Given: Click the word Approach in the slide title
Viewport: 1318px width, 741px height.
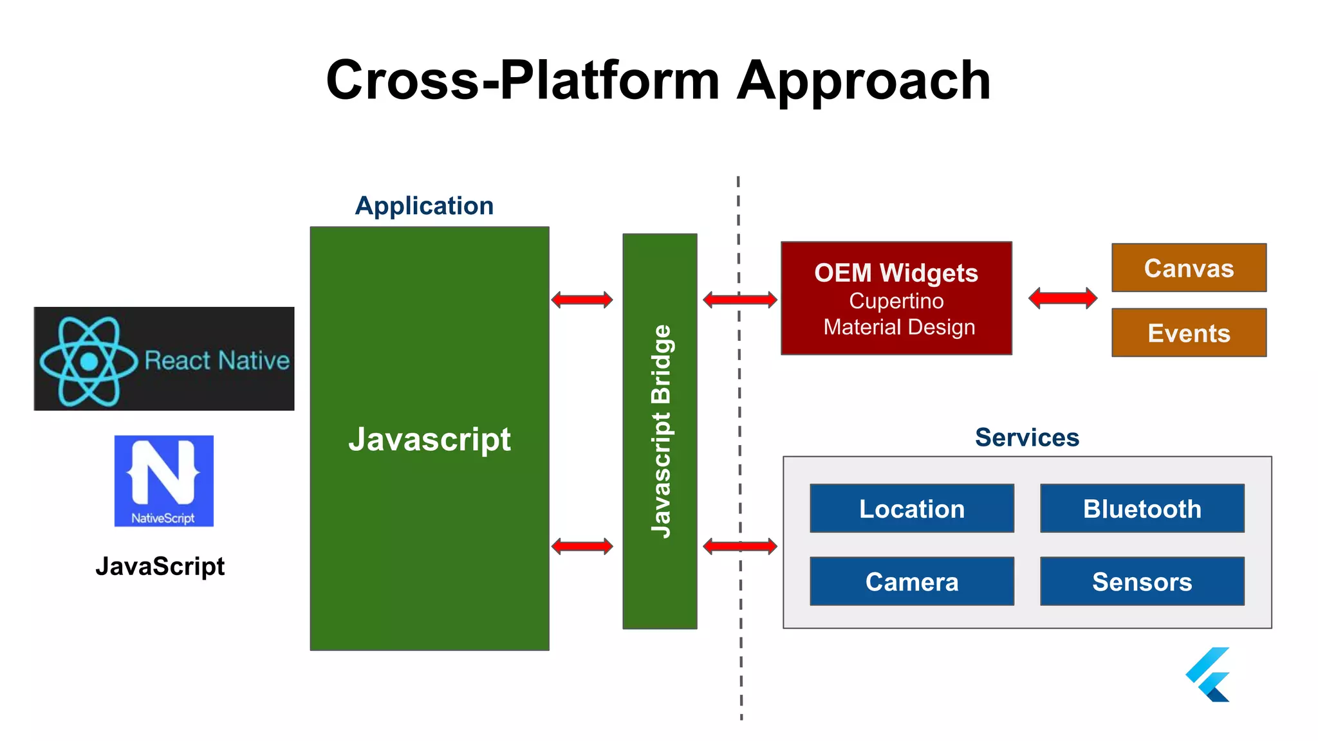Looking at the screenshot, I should tap(863, 80).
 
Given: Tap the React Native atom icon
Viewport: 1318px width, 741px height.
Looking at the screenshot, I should tap(89, 361).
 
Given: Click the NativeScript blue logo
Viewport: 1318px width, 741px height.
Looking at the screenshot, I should tap(163, 480).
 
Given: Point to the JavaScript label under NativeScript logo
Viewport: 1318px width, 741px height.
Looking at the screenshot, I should tap(160, 567).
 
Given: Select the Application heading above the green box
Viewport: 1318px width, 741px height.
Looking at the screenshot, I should tap(424, 206).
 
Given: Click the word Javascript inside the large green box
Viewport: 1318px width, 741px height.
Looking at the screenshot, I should tap(429, 440).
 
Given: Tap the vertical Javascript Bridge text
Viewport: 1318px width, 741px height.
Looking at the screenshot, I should tap(660, 431).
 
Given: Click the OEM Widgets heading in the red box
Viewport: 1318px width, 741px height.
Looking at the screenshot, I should tap(896, 273).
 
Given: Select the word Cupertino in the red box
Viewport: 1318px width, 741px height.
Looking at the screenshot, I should tap(896, 301).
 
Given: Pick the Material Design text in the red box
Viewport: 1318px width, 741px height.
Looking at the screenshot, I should tap(899, 327).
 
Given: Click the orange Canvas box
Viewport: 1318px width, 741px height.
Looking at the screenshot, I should tap(1189, 268).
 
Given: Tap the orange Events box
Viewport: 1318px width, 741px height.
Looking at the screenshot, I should tap(1189, 333).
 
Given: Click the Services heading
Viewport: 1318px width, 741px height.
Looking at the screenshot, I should tap(1026, 437).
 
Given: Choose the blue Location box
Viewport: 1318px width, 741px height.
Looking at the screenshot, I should tap(911, 508).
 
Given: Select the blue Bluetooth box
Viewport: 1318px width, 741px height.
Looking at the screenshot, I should tap(1142, 508).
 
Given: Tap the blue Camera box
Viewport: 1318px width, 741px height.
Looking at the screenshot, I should tap(911, 581).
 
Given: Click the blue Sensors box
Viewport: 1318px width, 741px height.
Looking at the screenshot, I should tap(1142, 581).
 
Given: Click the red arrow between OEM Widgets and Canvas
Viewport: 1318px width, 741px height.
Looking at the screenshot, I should tap(1063, 298).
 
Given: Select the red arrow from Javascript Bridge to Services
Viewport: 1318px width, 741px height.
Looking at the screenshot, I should tap(739, 547).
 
